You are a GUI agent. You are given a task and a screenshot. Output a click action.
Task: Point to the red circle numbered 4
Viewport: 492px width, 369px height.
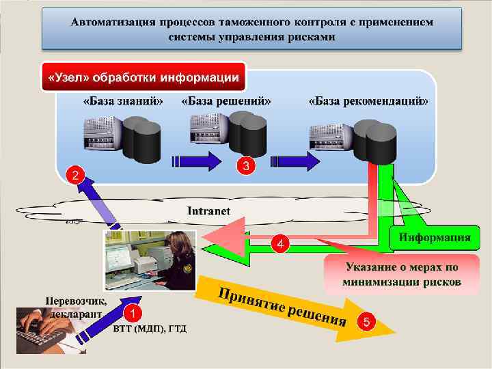279,243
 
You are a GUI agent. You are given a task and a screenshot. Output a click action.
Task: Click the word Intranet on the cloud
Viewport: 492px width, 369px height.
209,210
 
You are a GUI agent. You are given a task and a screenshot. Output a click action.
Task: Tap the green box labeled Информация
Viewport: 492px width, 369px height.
435,238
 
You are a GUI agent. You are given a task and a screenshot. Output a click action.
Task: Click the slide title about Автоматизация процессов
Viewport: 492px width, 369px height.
252,29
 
